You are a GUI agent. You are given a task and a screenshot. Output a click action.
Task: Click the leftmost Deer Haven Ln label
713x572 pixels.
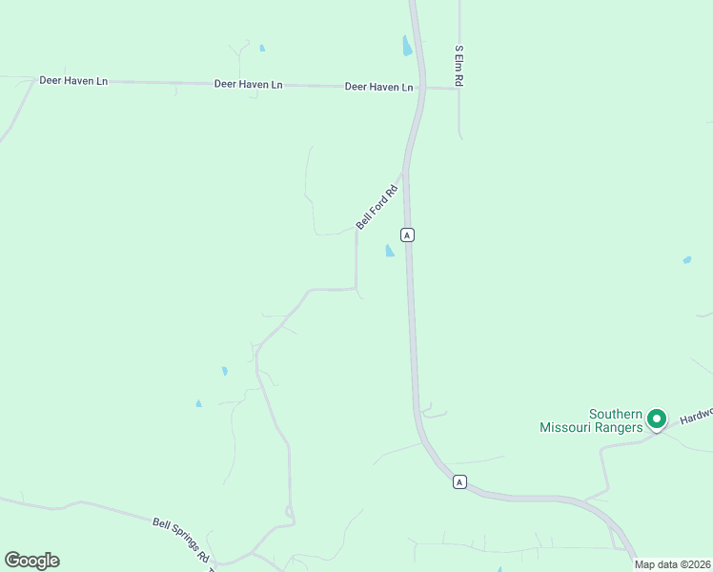pyautogui.click(x=73, y=81)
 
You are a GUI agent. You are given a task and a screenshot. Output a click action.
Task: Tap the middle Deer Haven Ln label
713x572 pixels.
pyautogui.click(x=248, y=85)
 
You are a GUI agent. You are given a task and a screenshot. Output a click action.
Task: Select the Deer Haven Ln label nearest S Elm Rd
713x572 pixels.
pyautogui.click(x=378, y=87)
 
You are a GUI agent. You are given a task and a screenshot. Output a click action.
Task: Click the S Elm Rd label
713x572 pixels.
pyautogui.click(x=458, y=66)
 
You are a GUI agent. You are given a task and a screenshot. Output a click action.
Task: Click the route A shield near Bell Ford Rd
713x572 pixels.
pyautogui.click(x=407, y=235)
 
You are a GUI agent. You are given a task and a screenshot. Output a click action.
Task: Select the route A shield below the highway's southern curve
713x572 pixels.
pyautogui.click(x=459, y=482)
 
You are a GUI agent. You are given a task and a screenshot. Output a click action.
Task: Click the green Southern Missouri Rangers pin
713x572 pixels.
pyautogui.click(x=656, y=418)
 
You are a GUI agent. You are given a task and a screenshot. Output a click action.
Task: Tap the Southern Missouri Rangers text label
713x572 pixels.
pyautogui.click(x=588, y=420)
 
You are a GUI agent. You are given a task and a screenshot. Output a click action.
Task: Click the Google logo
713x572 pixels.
pyautogui.click(x=31, y=561)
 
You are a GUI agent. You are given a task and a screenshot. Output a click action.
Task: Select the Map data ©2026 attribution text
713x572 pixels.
pyautogui.click(x=672, y=564)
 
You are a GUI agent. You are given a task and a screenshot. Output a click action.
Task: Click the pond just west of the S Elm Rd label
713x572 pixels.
pyautogui.click(x=407, y=46)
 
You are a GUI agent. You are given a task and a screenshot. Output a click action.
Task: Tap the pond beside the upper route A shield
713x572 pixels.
pyautogui.click(x=389, y=251)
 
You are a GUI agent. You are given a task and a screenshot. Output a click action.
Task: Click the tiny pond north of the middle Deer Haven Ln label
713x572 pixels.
pyautogui.click(x=262, y=48)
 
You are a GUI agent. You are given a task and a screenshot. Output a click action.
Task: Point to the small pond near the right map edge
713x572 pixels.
pyautogui.click(x=686, y=259)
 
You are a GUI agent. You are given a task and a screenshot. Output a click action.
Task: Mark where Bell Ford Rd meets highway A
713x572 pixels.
pyautogui.click(x=404, y=174)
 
